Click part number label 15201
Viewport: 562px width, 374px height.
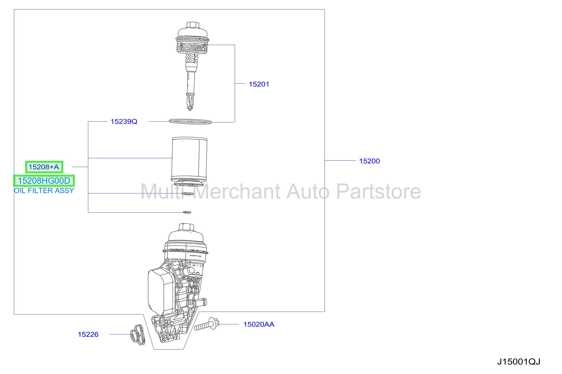coord(259,84)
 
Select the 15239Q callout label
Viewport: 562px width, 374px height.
coord(124,121)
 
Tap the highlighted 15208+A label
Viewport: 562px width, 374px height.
coord(44,167)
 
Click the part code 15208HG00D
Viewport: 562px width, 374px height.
coord(44,181)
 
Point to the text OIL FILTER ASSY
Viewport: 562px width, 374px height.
coord(44,191)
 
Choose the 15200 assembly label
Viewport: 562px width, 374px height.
coord(369,161)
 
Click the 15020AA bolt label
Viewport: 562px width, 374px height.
coord(259,324)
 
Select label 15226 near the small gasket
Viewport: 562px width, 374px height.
coord(88,334)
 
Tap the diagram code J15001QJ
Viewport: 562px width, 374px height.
coord(519,362)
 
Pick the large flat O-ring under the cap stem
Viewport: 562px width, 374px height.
coord(190,122)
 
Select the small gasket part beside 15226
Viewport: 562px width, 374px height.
coord(138,335)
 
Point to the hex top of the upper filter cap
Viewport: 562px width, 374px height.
coord(193,25)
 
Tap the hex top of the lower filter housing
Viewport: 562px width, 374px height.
coord(186,227)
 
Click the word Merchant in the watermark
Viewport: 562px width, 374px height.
coord(238,192)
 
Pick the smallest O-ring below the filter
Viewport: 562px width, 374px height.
coord(187,212)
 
